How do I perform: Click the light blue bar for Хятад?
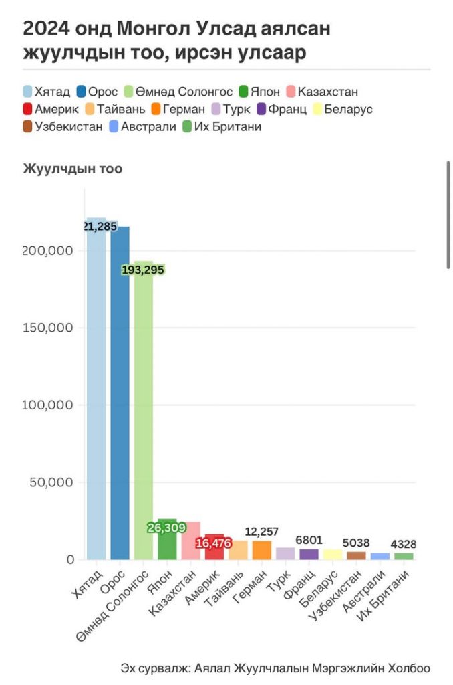pos(96,395)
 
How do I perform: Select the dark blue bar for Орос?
pos(120,395)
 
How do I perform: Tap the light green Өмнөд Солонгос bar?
pos(143,415)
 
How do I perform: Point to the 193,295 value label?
pos(142,270)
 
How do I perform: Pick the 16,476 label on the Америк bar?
pos(214,543)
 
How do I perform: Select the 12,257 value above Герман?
pos(262,532)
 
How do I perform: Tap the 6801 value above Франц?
pos(309,540)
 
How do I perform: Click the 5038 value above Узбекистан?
pos(356,543)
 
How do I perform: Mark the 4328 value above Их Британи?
pos(404,544)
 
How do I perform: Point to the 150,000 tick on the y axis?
pos(51,328)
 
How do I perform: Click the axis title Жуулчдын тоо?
pos(73,169)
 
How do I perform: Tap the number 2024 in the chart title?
pos(47,29)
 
